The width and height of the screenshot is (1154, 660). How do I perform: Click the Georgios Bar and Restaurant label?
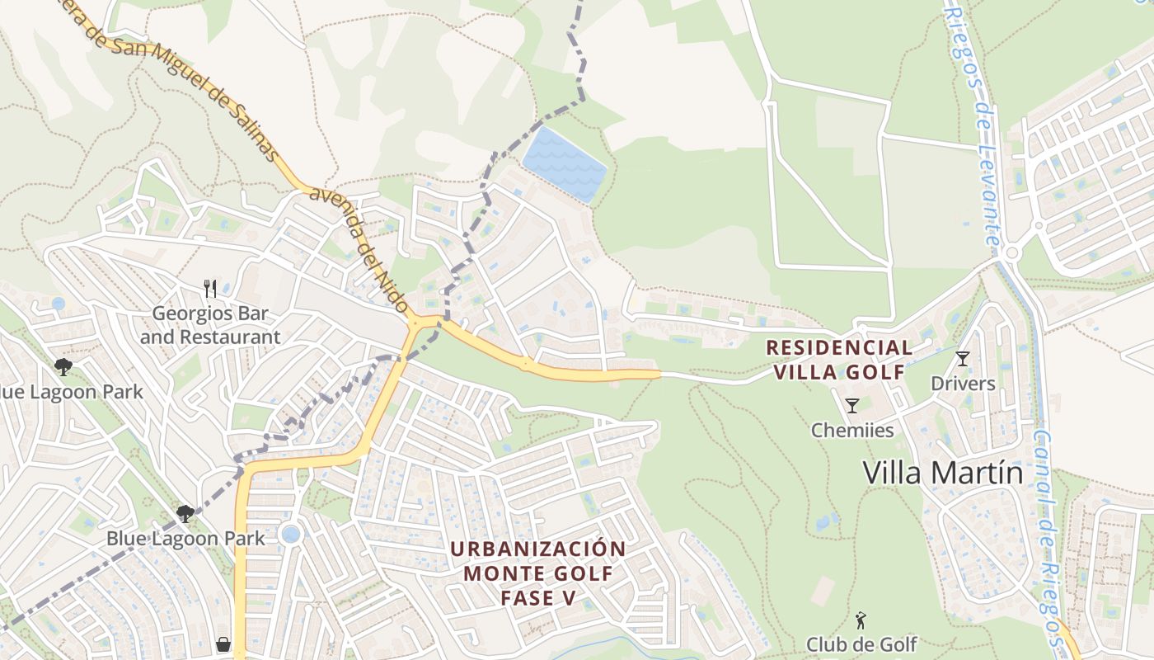pyautogui.click(x=210, y=325)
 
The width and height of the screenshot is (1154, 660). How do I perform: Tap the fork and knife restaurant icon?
pyautogui.click(x=210, y=288)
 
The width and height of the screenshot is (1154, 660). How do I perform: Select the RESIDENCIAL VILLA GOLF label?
pyautogui.click(x=839, y=360)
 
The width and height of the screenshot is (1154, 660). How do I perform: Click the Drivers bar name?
pyautogui.click(x=963, y=384)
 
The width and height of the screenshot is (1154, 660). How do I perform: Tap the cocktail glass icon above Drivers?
pyautogui.click(x=962, y=358)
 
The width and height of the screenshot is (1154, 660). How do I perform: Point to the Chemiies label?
pyautogui.click(x=852, y=430)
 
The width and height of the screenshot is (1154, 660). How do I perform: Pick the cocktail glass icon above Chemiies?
pyautogui.click(x=852, y=405)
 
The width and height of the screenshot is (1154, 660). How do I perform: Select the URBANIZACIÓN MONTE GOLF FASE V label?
pyautogui.click(x=538, y=573)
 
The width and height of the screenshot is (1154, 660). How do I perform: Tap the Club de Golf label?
pyautogui.click(x=861, y=643)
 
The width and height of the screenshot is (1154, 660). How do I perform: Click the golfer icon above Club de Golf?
pyautogui.click(x=861, y=619)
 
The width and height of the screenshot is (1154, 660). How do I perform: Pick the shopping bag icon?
pyautogui.click(x=223, y=644)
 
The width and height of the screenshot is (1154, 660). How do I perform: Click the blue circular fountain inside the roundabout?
pyautogui.click(x=290, y=534)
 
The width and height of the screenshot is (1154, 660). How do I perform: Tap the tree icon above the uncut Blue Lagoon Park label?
pyautogui.click(x=185, y=514)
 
